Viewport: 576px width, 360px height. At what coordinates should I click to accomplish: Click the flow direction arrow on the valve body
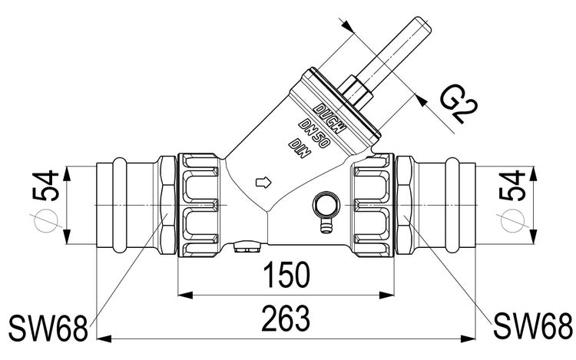click(263, 183)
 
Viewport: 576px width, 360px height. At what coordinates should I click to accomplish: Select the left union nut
click(200, 206)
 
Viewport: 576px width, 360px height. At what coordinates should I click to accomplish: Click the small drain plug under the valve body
click(247, 248)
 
